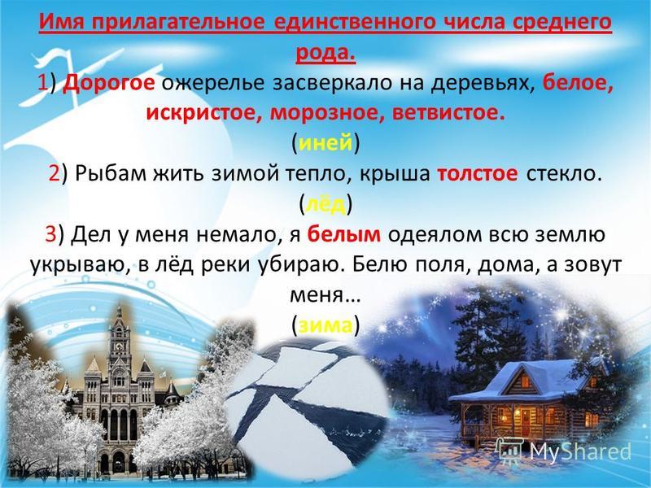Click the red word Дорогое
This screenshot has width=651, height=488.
(x=109, y=84)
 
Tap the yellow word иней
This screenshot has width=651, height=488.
(x=325, y=143)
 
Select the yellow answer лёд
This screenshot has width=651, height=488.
(x=325, y=204)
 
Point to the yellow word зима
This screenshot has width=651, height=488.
(x=325, y=325)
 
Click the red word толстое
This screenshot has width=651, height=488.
(x=478, y=174)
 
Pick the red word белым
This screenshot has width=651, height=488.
(x=343, y=234)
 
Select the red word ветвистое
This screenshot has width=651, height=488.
(x=448, y=113)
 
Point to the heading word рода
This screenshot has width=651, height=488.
(x=325, y=54)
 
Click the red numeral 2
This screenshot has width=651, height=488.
(x=55, y=174)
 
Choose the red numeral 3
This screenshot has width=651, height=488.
(x=50, y=234)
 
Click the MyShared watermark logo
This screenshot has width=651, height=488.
(x=566, y=451)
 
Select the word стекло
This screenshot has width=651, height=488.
(x=564, y=174)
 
